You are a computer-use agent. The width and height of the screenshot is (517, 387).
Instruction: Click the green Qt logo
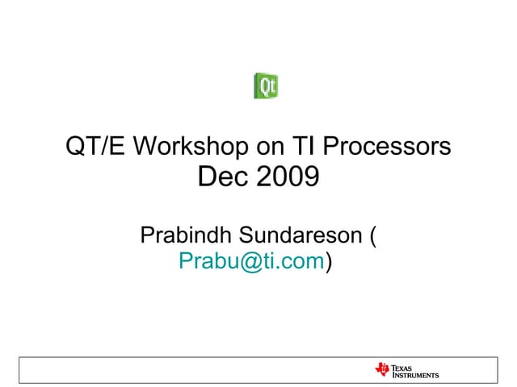(267, 85)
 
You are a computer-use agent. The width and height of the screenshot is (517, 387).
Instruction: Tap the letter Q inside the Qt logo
(263, 85)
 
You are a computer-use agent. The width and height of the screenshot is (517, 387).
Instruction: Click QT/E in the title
(95, 147)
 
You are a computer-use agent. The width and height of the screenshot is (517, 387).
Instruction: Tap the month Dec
(223, 177)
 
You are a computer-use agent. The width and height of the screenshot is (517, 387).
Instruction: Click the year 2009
(288, 177)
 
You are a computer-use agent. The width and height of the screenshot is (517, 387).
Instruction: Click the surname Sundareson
(301, 236)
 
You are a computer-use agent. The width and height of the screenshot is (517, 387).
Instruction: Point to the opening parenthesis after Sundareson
(372, 237)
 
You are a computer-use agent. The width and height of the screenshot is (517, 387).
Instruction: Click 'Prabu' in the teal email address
(204, 262)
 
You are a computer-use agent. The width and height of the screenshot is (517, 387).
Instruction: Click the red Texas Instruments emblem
(382, 369)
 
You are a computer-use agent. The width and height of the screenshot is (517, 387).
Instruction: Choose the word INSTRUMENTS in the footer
(415, 375)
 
